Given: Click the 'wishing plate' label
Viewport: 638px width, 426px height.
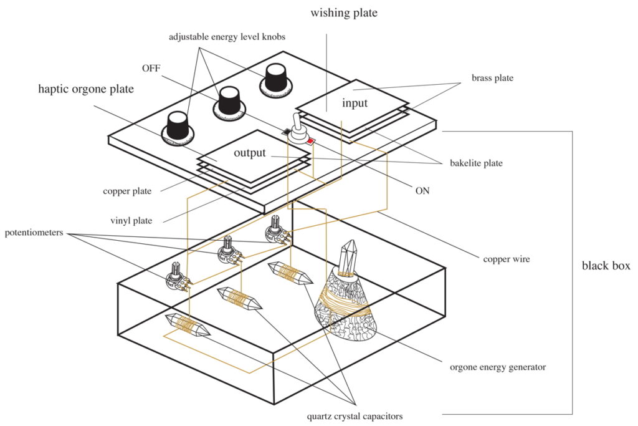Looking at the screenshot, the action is click(x=344, y=13).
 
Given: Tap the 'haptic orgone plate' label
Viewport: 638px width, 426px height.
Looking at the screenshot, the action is click(x=86, y=89).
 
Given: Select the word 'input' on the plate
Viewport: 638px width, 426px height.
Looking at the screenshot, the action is click(x=355, y=104).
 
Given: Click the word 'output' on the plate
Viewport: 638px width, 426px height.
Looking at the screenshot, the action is click(x=249, y=153).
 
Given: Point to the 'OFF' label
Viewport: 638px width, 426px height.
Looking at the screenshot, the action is click(x=151, y=68).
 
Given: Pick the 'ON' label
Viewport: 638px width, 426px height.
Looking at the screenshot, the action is click(x=422, y=191).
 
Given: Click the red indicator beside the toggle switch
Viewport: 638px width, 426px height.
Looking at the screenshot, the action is click(x=311, y=142).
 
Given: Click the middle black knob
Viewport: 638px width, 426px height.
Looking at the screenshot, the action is click(x=229, y=104).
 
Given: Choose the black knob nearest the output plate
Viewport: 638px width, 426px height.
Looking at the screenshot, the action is click(x=178, y=128).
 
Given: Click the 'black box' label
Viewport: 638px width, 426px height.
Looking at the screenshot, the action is click(x=606, y=266).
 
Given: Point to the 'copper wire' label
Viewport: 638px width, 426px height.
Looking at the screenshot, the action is click(x=507, y=259).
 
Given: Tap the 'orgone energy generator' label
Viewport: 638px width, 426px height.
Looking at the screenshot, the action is click(x=498, y=367).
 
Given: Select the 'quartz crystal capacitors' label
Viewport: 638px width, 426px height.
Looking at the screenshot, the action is click(x=355, y=416).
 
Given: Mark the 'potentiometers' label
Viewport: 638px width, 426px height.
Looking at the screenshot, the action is click(x=34, y=233).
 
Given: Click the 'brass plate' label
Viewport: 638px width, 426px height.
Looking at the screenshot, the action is click(x=492, y=78).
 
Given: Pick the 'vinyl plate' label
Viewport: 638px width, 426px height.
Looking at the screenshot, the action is click(x=131, y=221).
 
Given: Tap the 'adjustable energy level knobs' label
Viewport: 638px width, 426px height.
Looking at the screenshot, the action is click(x=227, y=37).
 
